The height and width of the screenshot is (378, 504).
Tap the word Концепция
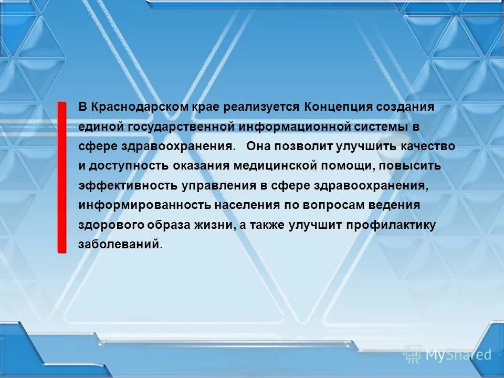click(x=336, y=107)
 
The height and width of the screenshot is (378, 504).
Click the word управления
click(x=217, y=186)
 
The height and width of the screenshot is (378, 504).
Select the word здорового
click(x=111, y=225)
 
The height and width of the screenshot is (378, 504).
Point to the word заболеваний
click(x=118, y=245)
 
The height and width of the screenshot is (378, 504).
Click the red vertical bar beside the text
click(x=62, y=177)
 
